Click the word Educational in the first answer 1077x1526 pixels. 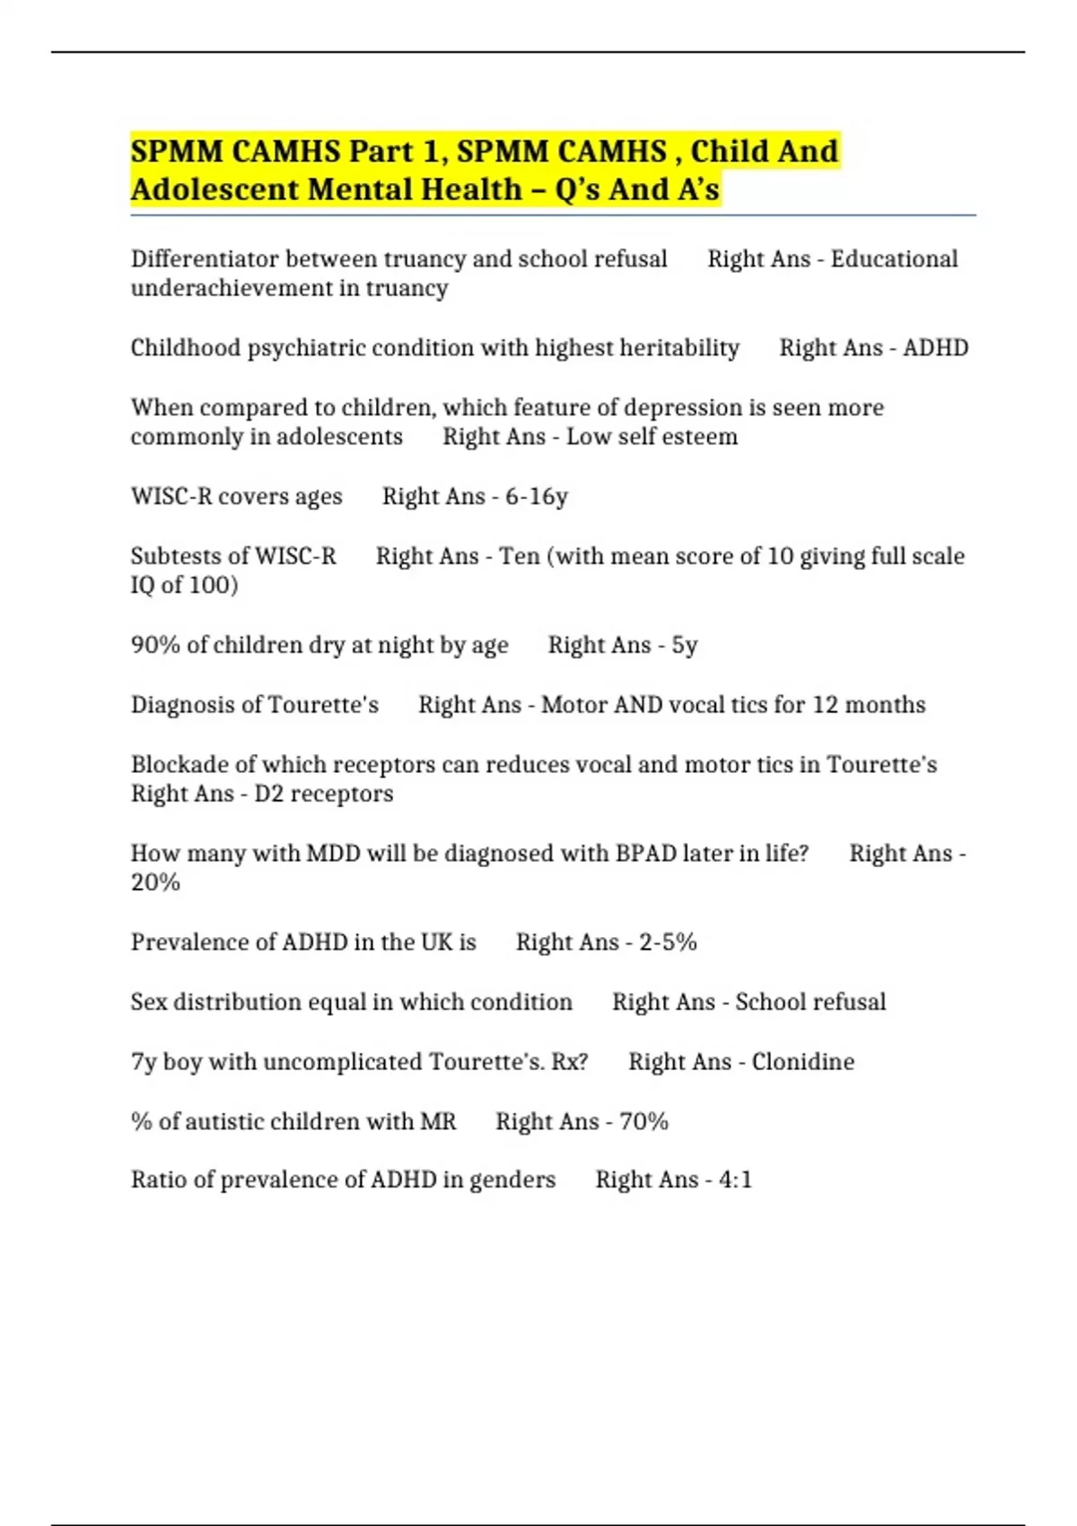point(894,259)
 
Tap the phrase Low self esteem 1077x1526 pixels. point(652,436)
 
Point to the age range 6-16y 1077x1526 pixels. point(536,496)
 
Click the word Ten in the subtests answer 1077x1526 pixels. point(520,556)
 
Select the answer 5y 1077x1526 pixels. point(684,645)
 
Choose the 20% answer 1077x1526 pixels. point(155,882)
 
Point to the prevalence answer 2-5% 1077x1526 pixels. point(668,942)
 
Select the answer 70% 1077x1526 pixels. point(644,1121)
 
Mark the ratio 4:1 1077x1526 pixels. point(735,1179)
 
